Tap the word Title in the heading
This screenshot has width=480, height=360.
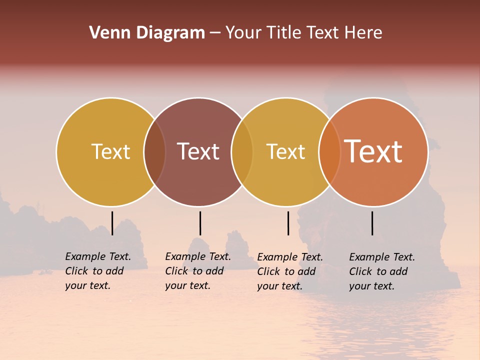(x=284, y=33)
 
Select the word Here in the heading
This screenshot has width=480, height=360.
(x=364, y=33)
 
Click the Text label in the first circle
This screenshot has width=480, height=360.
(x=110, y=152)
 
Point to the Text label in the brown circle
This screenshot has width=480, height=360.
(x=198, y=152)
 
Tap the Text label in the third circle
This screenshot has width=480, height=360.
(x=285, y=152)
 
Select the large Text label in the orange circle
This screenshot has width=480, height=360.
(x=373, y=152)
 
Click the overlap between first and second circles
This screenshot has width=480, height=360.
(x=154, y=152)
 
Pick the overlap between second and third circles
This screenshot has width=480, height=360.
(x=242, y=152)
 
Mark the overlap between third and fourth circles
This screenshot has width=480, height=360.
(x=329, y=152)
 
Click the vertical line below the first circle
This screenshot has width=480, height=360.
(x=112, y=223)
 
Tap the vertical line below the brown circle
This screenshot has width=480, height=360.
(x=200, y=223)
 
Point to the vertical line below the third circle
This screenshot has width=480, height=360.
(x=288, y=223)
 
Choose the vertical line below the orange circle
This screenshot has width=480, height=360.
(x=372, y=223)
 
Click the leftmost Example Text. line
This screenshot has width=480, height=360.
(x=98, y=257)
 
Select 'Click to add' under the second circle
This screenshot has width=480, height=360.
(x=194, y=271)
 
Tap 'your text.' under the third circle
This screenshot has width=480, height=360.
(x=279, y=286)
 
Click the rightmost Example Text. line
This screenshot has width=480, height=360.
(x=382, y=257)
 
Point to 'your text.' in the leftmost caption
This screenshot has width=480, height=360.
(x=87, y=286)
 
